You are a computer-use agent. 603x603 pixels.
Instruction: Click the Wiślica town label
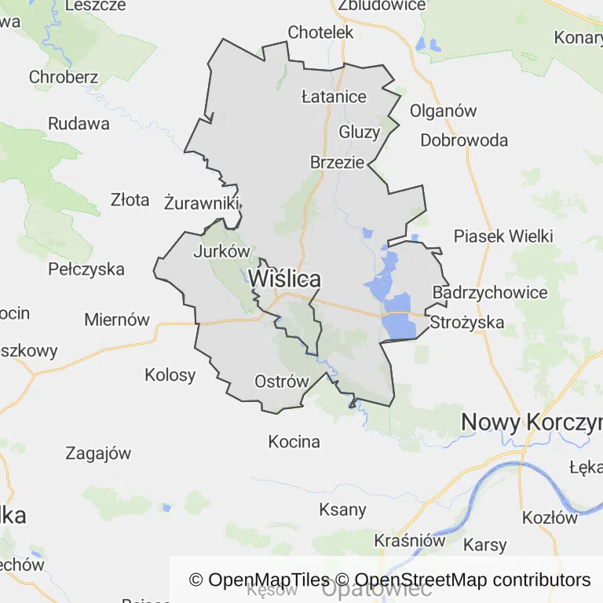284,279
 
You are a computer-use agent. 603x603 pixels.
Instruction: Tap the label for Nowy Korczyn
531,422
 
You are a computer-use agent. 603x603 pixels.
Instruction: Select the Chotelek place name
321,33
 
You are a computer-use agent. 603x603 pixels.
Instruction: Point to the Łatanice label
334,97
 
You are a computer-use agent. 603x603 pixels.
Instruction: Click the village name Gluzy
359,132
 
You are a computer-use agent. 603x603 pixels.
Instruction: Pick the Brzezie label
337,163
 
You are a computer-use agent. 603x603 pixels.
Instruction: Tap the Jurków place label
221,252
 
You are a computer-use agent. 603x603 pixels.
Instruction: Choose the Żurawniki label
202,203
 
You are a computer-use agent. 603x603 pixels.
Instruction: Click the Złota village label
130,200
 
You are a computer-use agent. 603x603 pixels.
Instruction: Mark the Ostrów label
282,382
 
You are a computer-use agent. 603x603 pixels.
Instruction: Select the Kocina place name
294,441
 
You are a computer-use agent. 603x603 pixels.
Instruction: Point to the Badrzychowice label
490,293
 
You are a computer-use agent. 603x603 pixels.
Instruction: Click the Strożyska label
467,322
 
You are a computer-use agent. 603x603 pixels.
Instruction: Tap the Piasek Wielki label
503,236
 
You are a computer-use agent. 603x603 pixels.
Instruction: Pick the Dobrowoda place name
464,141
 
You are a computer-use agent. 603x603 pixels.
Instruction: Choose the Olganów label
443,111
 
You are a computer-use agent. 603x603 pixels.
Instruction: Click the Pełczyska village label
86,269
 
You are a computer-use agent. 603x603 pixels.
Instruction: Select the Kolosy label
170,375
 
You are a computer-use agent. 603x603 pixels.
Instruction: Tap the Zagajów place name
98,453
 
